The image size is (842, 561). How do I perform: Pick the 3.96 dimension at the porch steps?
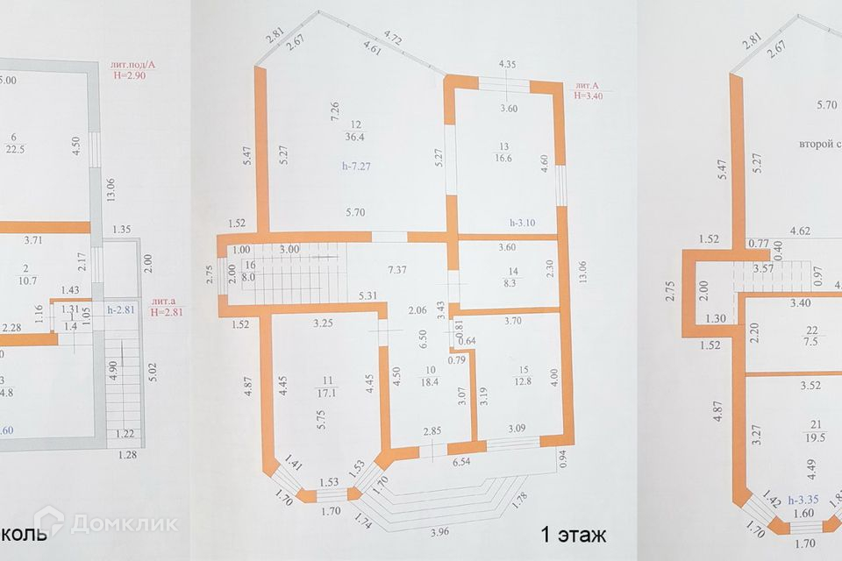coord(441,531)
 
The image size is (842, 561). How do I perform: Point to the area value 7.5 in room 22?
coord(812,342)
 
